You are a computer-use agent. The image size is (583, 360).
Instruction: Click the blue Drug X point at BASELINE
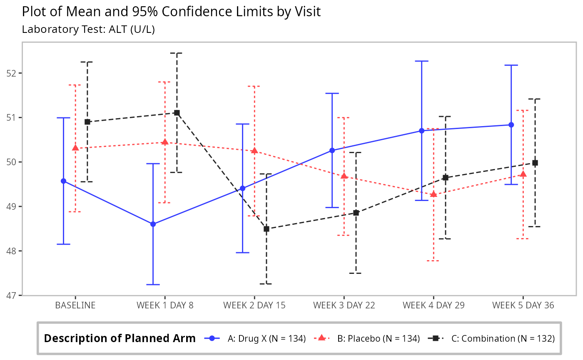63,181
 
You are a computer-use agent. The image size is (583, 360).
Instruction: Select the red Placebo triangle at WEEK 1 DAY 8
165,142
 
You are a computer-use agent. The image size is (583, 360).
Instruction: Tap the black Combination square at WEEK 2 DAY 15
267,229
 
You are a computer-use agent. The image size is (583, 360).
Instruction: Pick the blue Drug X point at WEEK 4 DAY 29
421,131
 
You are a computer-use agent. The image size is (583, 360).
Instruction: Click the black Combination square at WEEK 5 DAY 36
535,163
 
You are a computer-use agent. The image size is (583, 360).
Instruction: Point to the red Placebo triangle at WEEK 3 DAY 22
344,176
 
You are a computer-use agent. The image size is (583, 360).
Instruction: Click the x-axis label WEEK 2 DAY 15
254,305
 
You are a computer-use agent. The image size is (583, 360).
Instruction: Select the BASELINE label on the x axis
75,305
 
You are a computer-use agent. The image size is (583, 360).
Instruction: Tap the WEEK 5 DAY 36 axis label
523,305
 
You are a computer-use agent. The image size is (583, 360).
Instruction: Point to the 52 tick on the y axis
14,73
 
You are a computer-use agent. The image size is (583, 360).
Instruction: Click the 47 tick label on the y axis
14,295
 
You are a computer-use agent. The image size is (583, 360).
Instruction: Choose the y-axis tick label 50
14,162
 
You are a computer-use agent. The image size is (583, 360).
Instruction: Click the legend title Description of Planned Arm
120,339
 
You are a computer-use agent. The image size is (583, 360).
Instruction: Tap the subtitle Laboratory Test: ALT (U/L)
88,30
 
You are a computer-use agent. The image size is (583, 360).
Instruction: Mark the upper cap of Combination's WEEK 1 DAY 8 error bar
177,53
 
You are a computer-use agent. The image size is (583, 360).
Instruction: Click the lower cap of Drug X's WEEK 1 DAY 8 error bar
153,285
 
